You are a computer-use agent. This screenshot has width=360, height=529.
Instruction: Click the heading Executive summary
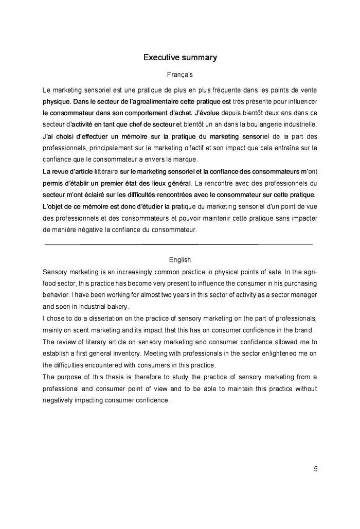[179, 57]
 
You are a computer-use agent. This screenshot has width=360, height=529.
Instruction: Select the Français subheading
[179, 75]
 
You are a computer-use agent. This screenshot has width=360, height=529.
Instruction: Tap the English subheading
[179, 260]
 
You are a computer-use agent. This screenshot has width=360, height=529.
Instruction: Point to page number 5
[315, 468]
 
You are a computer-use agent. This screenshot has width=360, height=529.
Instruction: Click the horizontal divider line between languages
[179, 244]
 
